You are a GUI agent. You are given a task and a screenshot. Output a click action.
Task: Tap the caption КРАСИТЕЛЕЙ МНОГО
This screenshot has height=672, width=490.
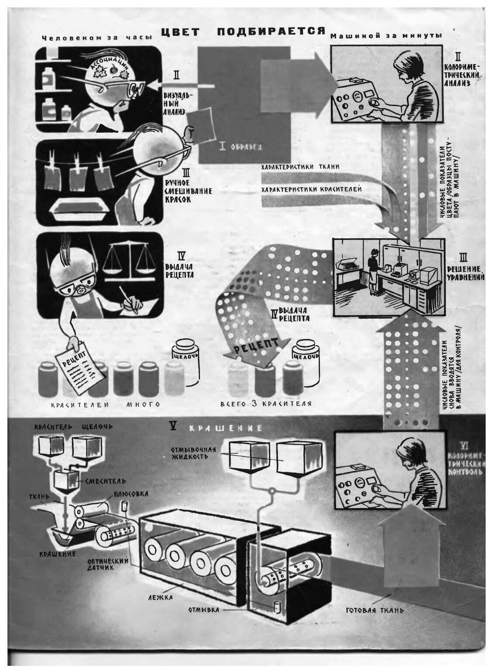105,405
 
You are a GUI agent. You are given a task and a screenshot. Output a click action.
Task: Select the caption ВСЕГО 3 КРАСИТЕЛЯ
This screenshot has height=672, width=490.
265,404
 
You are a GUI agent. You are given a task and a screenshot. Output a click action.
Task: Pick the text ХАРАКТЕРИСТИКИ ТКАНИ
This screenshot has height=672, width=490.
300,167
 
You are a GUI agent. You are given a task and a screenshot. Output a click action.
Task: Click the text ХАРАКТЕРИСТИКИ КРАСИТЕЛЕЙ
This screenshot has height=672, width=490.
311,189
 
